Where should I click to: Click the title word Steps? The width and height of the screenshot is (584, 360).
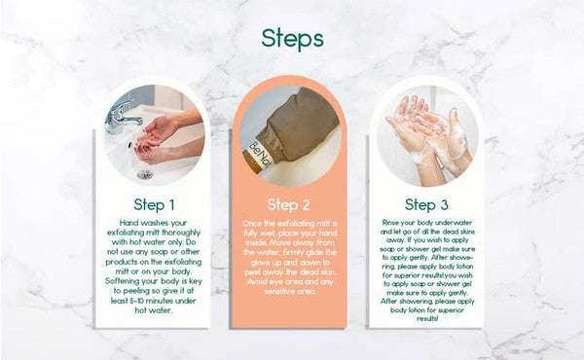(x=292, y=38)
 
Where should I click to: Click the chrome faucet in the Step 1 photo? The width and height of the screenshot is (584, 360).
(x=124, y=115)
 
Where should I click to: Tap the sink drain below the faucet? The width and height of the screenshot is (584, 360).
(x=145, y=173)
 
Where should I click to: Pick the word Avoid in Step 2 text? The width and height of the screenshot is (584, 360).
(x=257, y=277)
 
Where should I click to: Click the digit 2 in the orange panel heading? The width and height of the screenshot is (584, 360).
(x=305, y=204)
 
